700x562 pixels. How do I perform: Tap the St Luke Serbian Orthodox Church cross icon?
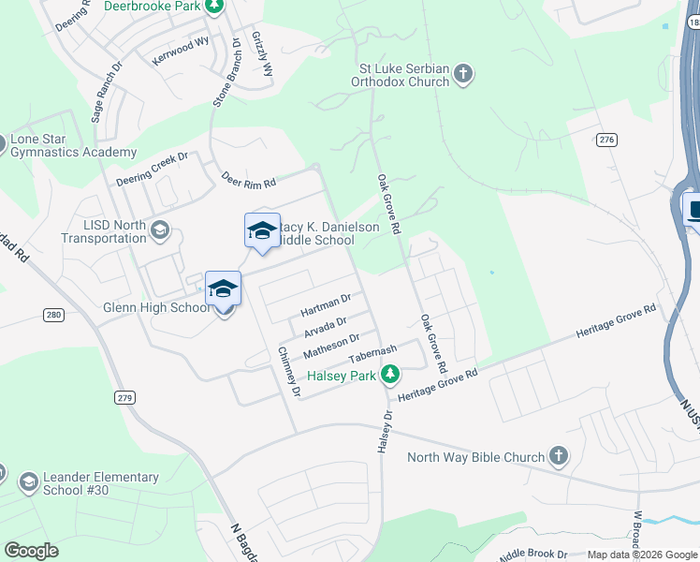(x=464, y=74)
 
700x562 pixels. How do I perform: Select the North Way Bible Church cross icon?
(x=558, y=456)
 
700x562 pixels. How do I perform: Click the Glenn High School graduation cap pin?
(x=224, y=288)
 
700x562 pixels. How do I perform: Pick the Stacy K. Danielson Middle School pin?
(x=262, y=231)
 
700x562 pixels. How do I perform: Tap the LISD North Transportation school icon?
(x=160, y=230)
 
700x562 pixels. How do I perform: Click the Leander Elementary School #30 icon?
(x=28, y=482)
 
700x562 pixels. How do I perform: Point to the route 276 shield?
(x=606, y=140)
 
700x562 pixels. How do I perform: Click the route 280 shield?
(x=53, y=315)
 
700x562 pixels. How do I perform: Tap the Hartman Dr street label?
(x=326, y=303)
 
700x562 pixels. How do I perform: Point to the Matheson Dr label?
(x=331, y=345)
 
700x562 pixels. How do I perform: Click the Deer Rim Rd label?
(x=248, y=178)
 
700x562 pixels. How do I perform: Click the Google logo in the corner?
(x=31, y=551)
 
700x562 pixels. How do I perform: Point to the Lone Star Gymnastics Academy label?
(x=73, y=146)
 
